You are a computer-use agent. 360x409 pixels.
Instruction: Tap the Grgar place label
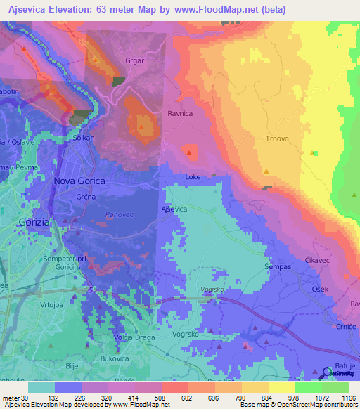[134, 60]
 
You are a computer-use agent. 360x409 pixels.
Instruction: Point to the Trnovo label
[277, 138]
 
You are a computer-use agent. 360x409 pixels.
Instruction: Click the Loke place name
[193, 178]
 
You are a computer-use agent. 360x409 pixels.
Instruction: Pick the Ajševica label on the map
[174, 209]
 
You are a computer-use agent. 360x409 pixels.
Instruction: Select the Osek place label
[321, 290]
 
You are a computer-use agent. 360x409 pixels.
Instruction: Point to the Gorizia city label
[28, 221]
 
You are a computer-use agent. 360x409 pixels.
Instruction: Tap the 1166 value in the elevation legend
[347, 397]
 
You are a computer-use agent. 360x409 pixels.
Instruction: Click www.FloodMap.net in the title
[200, 10]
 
